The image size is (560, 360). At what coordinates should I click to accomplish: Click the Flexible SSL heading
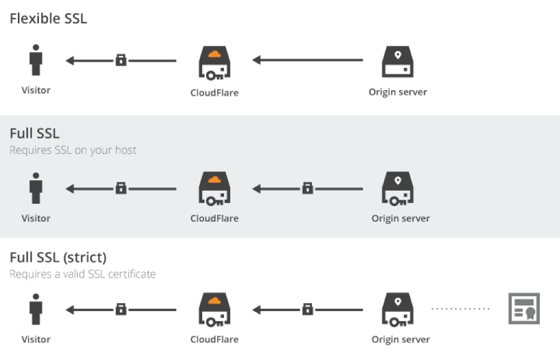48,18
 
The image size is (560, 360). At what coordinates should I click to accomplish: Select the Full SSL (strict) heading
58,257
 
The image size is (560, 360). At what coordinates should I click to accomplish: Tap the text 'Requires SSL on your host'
73,150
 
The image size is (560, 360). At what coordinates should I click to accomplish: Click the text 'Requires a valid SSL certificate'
83,274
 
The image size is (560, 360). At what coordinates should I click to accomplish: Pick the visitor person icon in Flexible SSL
36,61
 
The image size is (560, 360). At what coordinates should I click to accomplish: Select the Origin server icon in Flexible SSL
397,62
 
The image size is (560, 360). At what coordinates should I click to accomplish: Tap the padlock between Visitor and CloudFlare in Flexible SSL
121,60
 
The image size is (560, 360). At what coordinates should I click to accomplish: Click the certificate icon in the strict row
524,309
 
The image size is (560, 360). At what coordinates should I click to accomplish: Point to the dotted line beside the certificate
461,309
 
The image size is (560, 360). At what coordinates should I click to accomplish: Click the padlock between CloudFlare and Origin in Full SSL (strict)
308,309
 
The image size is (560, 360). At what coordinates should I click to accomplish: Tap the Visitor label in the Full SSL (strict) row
36,339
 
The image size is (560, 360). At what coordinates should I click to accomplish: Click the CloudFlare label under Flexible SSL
214,92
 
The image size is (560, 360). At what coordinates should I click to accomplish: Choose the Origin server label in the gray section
400,218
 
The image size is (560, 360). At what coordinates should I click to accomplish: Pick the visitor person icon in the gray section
36,188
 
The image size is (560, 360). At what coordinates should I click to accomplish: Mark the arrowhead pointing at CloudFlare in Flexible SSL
257,60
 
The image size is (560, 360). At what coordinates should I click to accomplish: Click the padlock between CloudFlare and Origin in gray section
308,188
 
